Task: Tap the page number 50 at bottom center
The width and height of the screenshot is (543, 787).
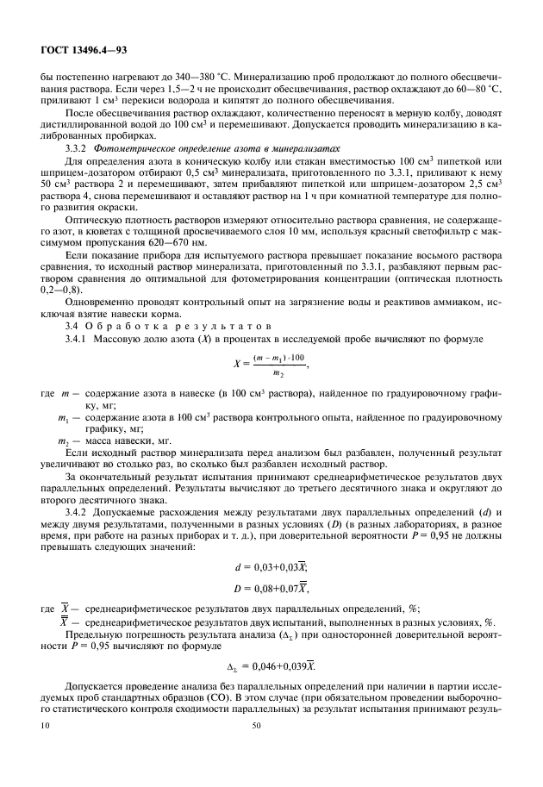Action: pos(256,752)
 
